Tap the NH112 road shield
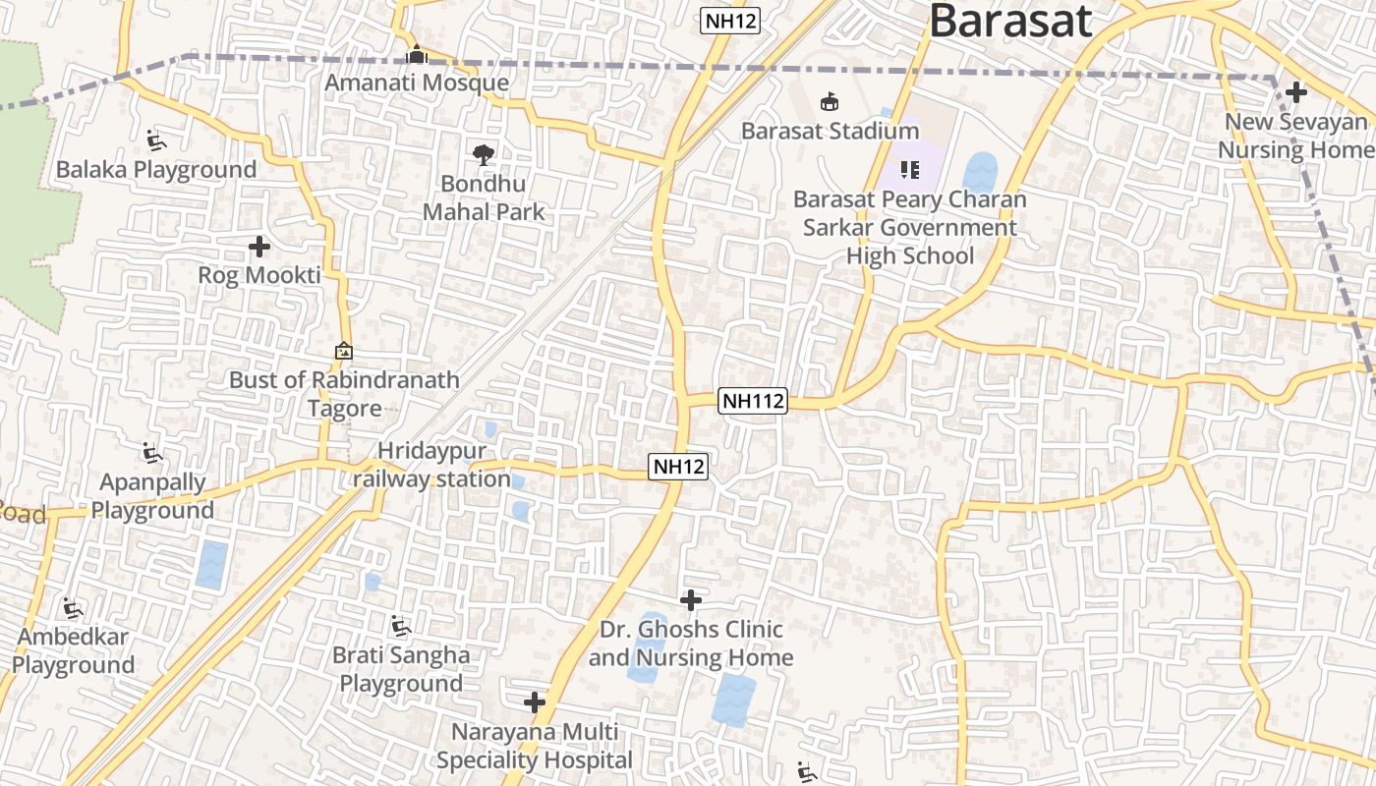point(754,401)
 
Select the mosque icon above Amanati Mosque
point(417,54)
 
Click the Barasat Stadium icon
point(830,102)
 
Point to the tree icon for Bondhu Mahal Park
point(483,154)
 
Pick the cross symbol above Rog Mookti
point(259,247)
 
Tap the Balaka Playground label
point(155,170)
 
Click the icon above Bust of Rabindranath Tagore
point(344,351)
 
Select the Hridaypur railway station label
point(431,465)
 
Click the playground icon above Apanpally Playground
point(152,454)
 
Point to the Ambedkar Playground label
point(73,651)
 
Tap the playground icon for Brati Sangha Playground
point(400,626)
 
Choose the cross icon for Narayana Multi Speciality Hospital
point(535,702)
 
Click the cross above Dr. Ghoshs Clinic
point(691,599)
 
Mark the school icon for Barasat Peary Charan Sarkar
point(910,170)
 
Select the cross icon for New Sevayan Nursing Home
point(1296,92)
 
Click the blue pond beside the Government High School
point(980,172)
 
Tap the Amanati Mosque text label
point(417,83)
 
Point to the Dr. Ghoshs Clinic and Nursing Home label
point(691,644)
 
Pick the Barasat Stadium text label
point(830,131)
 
